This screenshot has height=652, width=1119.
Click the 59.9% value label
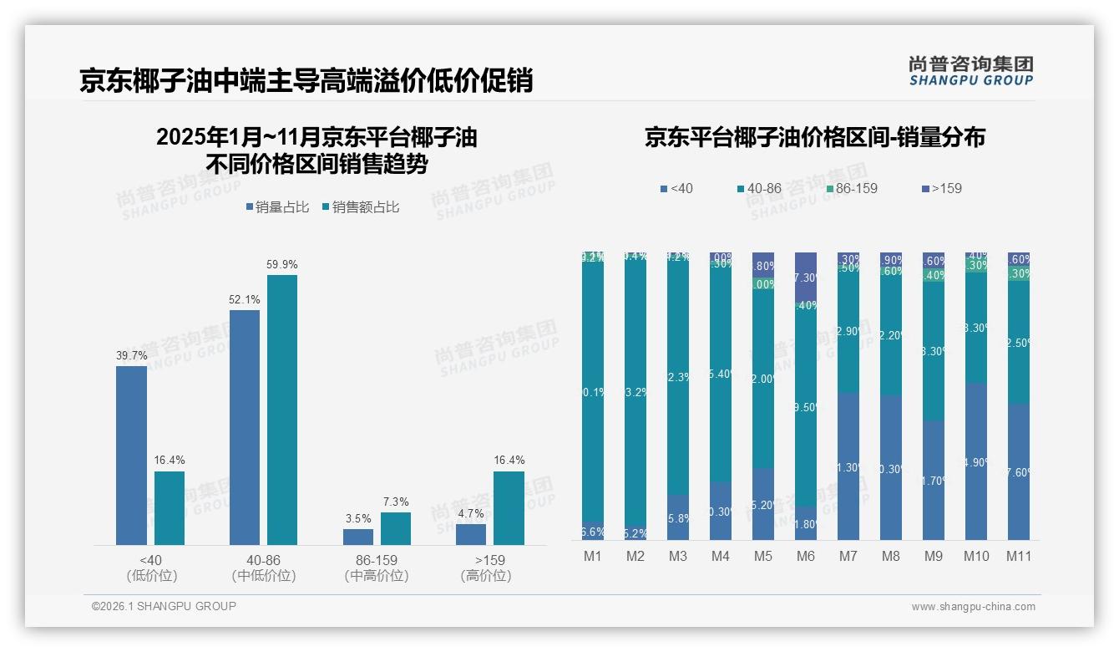click(281, 264)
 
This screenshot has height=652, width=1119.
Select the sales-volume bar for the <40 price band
click(131, 456)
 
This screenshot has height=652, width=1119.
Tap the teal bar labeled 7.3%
click(396, 528)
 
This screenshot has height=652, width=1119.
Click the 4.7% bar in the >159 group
click(471, 534)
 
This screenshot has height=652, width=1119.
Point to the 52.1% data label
click(244, 299)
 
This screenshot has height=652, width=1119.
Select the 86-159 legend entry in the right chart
click(851, 188)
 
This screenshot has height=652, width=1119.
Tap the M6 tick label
click(805, 556)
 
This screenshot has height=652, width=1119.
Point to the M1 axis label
click(592, 556)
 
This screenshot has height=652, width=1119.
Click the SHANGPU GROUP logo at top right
click(971, 71)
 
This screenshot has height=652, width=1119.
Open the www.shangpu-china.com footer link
click(973, 607)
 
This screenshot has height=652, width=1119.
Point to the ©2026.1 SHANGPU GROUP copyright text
click(164, 606)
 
